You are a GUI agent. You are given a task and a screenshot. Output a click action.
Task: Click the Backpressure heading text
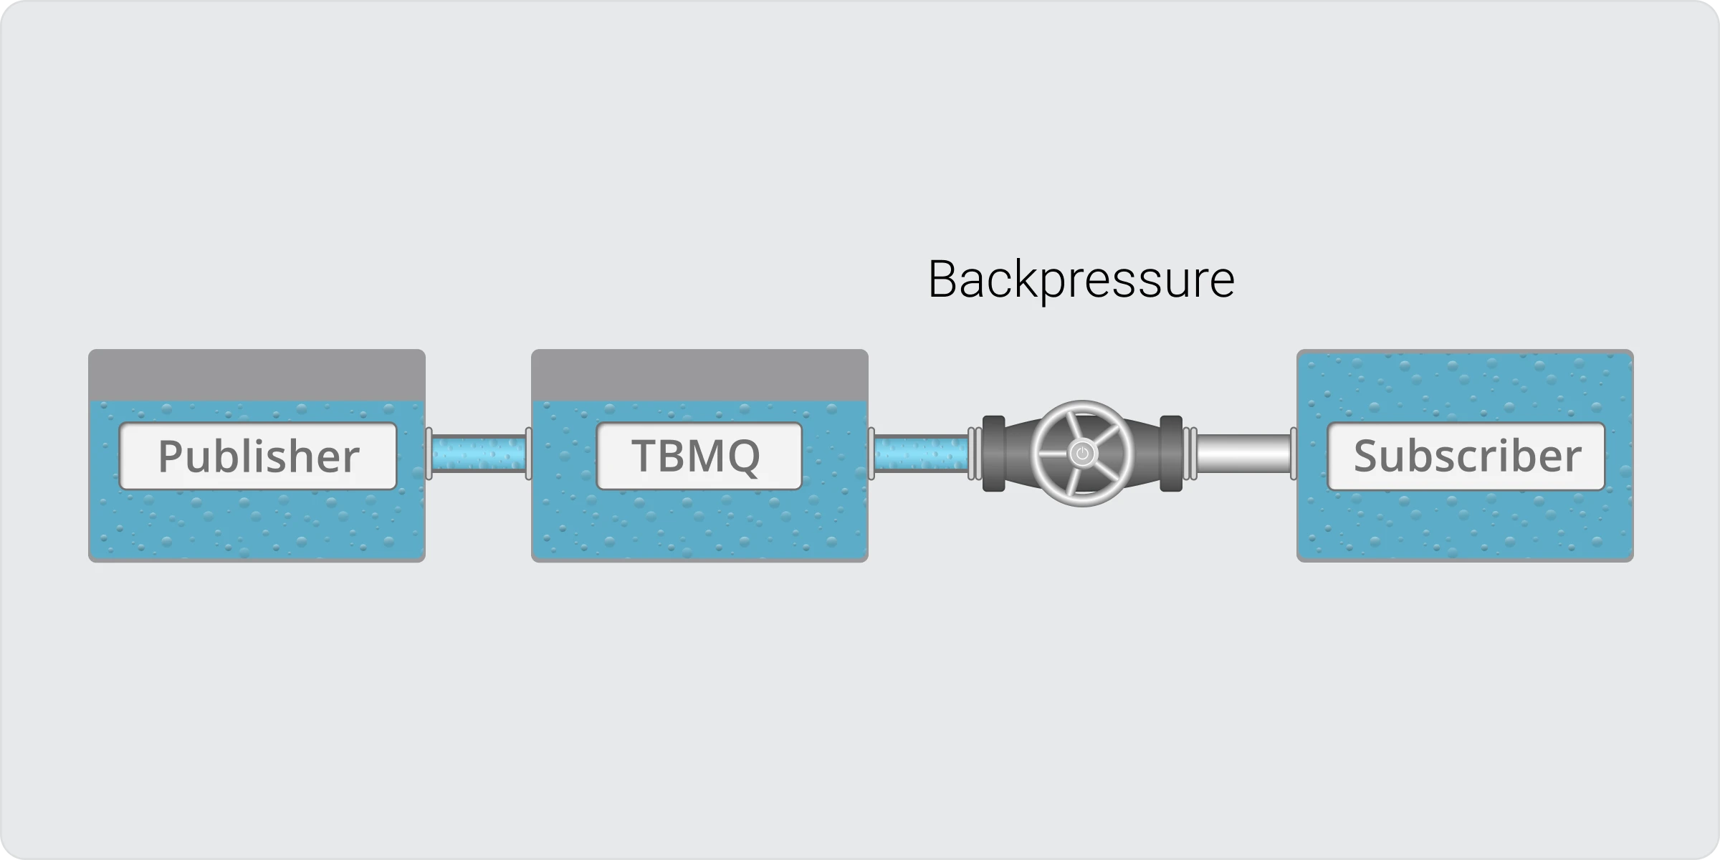[1081, 279]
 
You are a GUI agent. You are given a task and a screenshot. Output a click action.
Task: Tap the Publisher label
[258, 457]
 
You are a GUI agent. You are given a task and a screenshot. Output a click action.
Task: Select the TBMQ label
[699, 457]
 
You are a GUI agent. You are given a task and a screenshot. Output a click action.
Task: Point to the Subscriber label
[1466, 457]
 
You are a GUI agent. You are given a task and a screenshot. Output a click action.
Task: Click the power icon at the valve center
[1082, 454]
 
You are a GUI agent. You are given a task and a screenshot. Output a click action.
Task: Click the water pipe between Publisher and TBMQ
[479, 453]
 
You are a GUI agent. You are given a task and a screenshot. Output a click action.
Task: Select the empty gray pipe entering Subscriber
[1243, 453]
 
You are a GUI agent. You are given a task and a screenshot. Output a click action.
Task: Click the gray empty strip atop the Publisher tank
[257, 375]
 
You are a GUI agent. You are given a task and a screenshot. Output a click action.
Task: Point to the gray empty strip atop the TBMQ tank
[699, 375]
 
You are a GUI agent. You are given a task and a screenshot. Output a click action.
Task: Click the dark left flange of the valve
[993, 454]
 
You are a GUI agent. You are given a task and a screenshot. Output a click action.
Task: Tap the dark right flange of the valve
[1171, 454]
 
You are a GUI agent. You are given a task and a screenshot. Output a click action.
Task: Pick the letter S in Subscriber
[1367, 457]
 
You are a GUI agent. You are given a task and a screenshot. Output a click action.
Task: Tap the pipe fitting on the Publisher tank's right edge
[429, 453]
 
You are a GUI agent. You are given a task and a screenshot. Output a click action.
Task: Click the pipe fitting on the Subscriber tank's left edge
[1293, 453]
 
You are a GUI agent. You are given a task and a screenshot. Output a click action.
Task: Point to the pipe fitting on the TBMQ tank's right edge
[871, 453]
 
